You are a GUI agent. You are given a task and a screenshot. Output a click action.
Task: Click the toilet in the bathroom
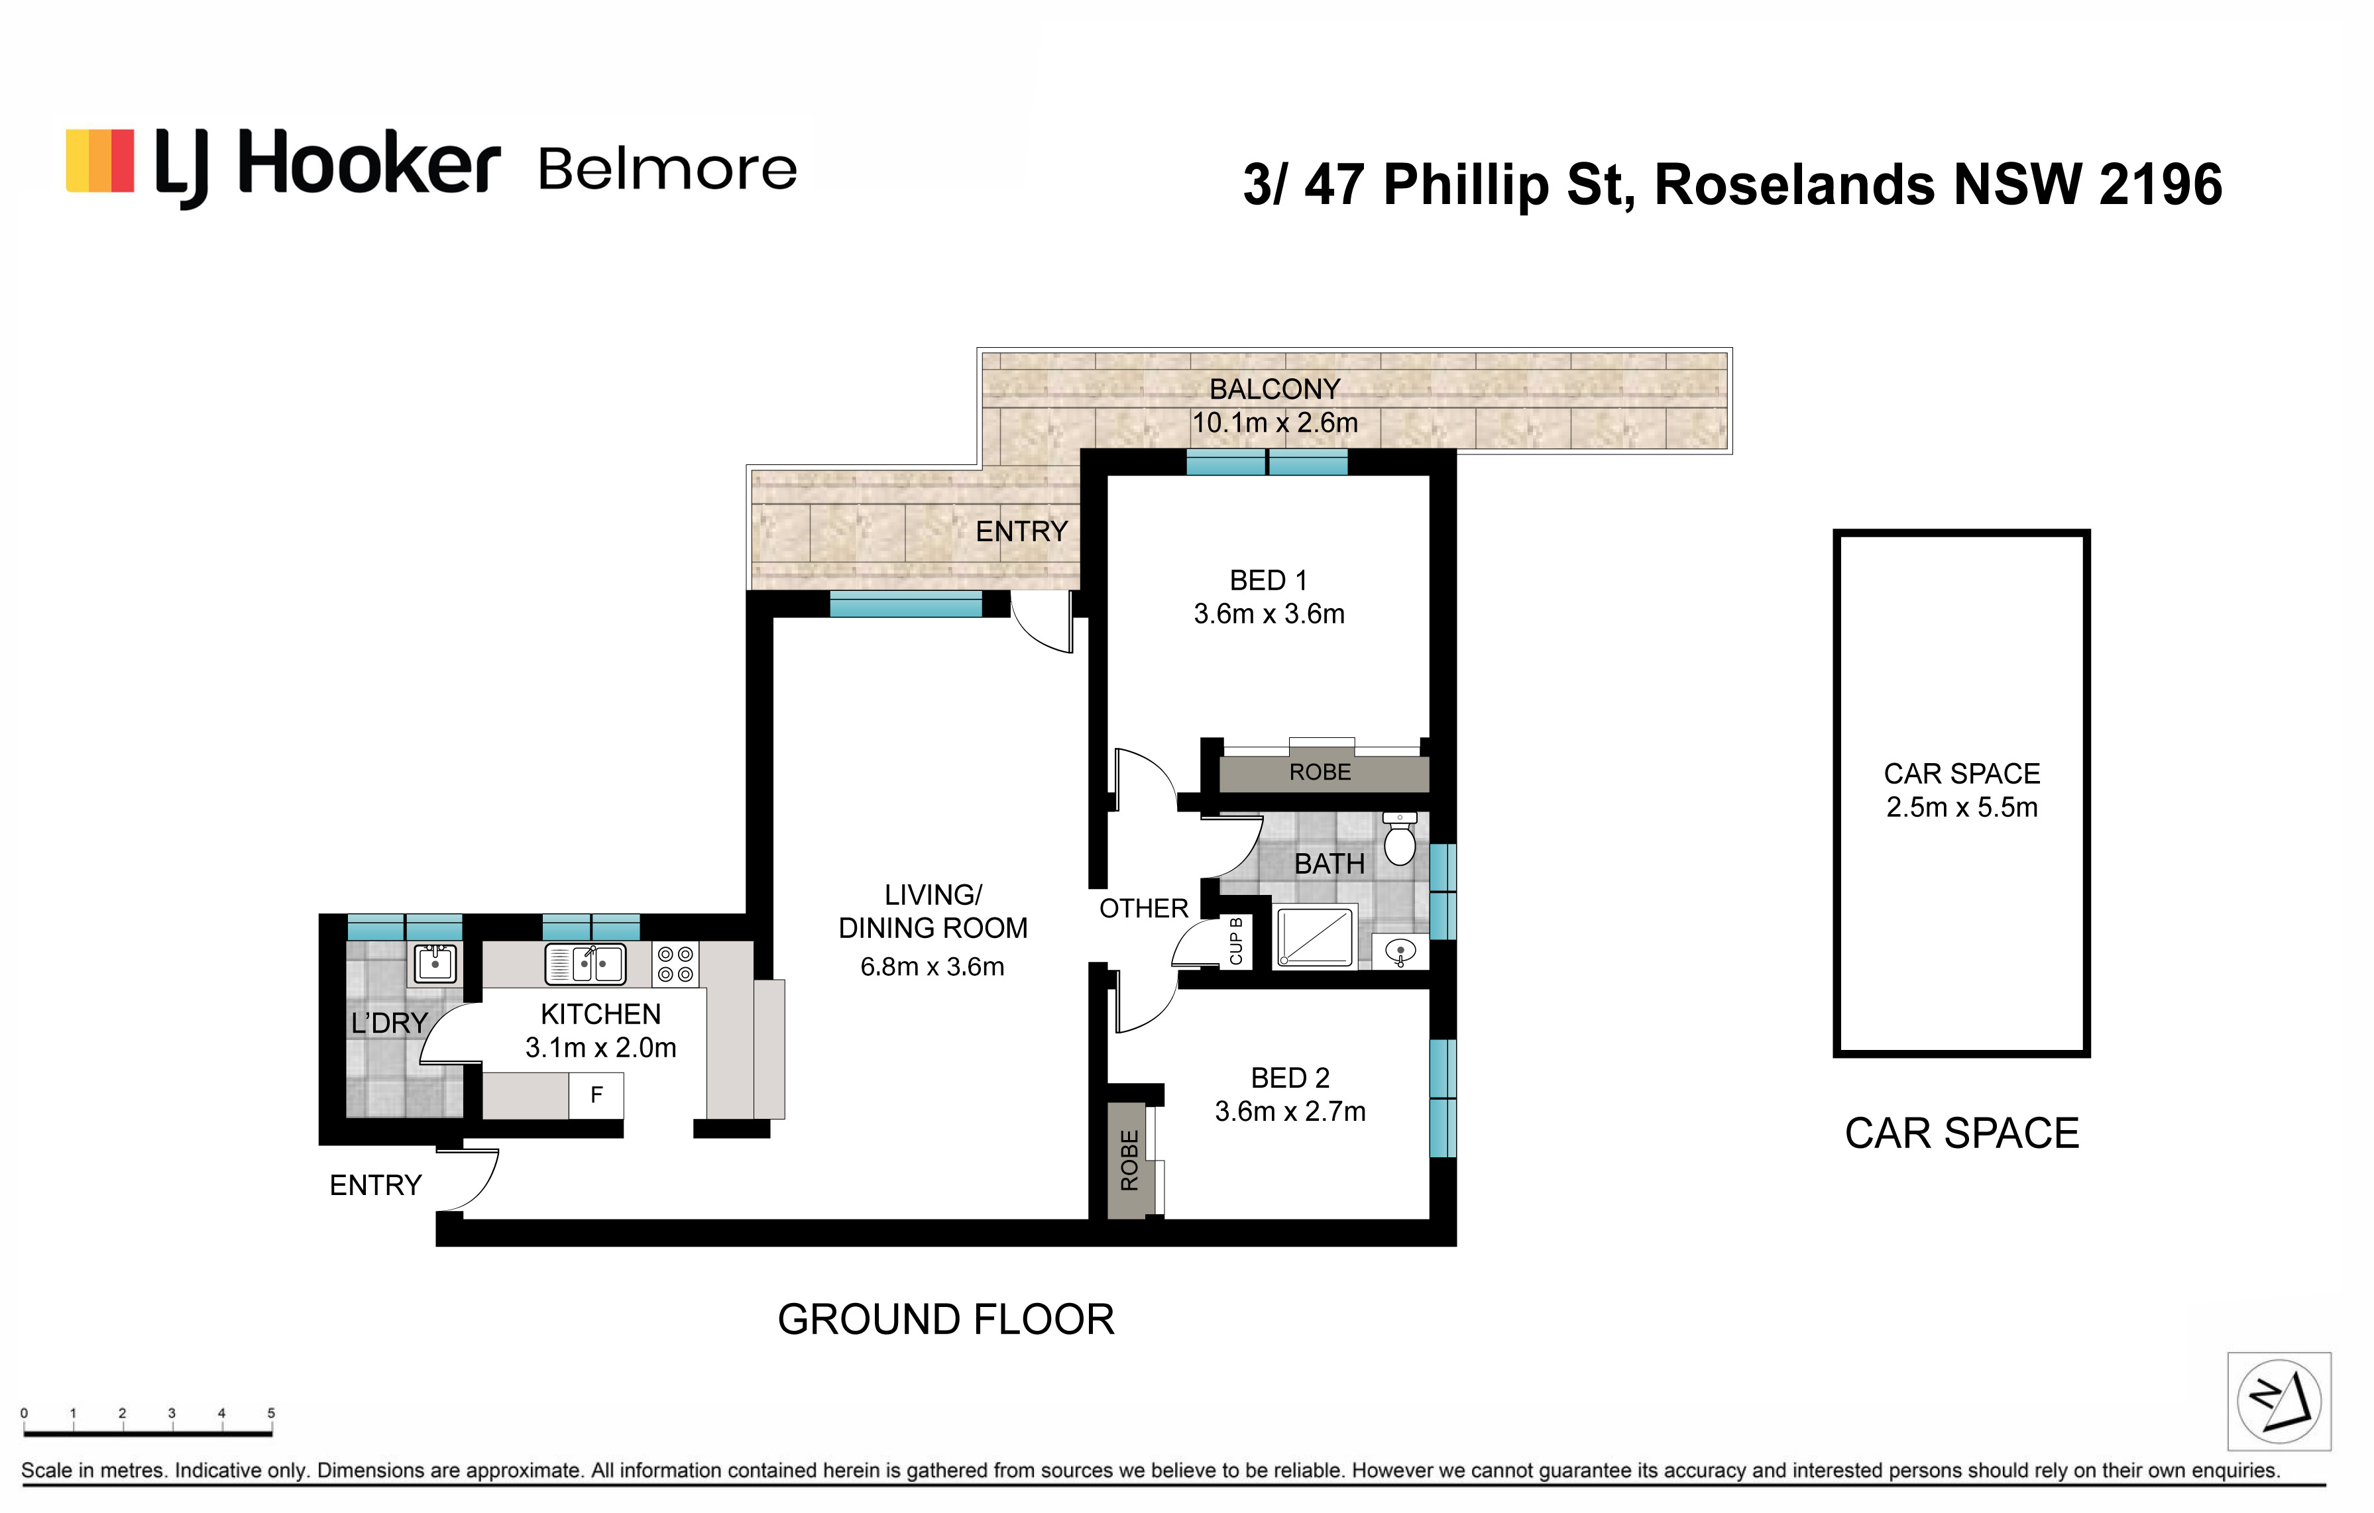tap(1399, 839)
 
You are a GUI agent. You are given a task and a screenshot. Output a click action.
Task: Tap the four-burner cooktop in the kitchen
tap(675, 964)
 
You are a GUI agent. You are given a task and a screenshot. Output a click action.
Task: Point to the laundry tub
tap(435, 963)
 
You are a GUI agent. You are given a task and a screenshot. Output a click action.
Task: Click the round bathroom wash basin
tap(1400, 952)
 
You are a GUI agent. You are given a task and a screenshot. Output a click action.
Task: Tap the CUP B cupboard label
tap(1235, 941)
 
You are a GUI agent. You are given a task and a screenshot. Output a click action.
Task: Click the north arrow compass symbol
tap(2279, 1400)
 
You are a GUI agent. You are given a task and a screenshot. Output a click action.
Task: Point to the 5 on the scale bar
tap(271, 1412)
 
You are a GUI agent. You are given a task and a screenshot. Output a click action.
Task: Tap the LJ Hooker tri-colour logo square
tap(99, 161)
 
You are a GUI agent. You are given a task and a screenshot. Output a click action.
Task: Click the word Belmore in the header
tap(667, 170)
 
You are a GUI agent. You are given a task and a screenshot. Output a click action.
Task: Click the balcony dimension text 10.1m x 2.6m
tap(1274, 423)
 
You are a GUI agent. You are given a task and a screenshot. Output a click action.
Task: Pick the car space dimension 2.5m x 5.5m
tap(1962, 808)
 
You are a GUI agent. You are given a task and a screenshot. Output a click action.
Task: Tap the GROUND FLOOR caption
tap(946, 1319)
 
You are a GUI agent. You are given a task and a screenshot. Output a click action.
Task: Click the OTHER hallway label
tap(1144, 909)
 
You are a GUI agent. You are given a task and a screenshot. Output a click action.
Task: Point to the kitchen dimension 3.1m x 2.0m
tap(600, 1048)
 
